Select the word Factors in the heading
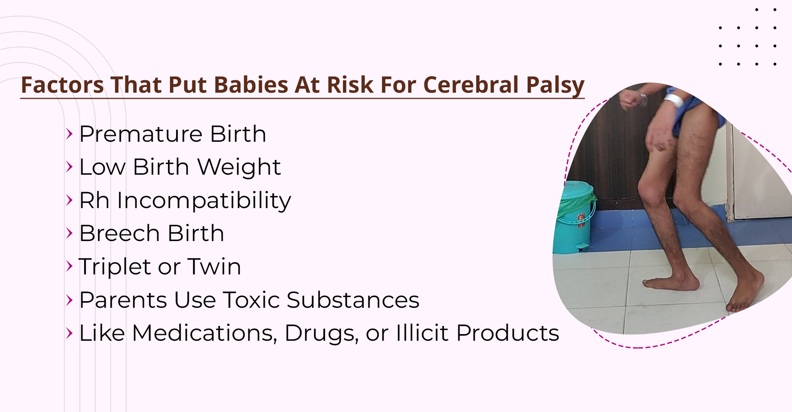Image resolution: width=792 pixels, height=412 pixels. [x=63, y=85]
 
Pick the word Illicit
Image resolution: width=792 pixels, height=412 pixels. [x=422, y=333]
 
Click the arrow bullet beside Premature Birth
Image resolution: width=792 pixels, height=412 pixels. [x=69, y=134]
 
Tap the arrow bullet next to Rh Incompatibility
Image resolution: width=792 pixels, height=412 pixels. [x=69, y=200]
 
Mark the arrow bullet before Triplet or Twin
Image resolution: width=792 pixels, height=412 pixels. [x=69, y=267]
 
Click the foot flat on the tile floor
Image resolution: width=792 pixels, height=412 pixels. [x=671, y=283]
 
